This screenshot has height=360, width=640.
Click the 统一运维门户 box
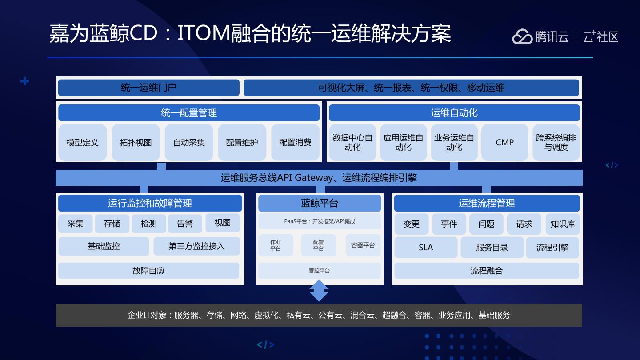point(148,88)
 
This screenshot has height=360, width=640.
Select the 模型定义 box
point(82,142)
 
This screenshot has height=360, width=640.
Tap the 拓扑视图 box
point(136,142)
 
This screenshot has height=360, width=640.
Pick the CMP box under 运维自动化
point(504,142)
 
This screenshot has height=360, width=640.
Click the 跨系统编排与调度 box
point(556,142)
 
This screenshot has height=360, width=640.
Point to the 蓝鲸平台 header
point(320,203)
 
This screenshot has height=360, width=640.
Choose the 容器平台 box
point(363,245)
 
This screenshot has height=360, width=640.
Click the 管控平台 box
point(320,271)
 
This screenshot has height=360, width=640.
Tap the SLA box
point(426,248)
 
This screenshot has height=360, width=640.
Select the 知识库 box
point(562,224)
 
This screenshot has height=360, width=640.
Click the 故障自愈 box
point(148,271)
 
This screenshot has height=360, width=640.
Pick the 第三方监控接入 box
point(196,246)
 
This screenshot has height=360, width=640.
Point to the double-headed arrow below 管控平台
point(319,291)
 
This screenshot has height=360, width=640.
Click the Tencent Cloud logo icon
point(522,36)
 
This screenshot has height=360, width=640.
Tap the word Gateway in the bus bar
point(314,178)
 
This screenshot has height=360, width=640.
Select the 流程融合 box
point(487,271)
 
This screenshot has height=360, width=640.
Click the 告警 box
point(185,223)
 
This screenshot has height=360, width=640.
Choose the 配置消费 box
point(295,142)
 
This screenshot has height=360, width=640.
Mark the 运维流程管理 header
point(487,203)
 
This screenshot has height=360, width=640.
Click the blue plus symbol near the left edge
point(25,81)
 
